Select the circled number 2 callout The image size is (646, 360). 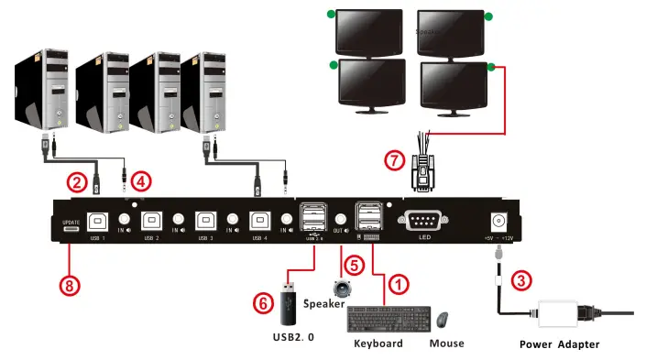tap(79, 181)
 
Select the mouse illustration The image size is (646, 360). tap(443, 320)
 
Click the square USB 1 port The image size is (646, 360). tap(97, 221)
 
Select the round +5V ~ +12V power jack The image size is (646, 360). tap(500, 221)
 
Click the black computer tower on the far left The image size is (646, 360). tap(38, 92)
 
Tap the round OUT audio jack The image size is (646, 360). tap(340, 220)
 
